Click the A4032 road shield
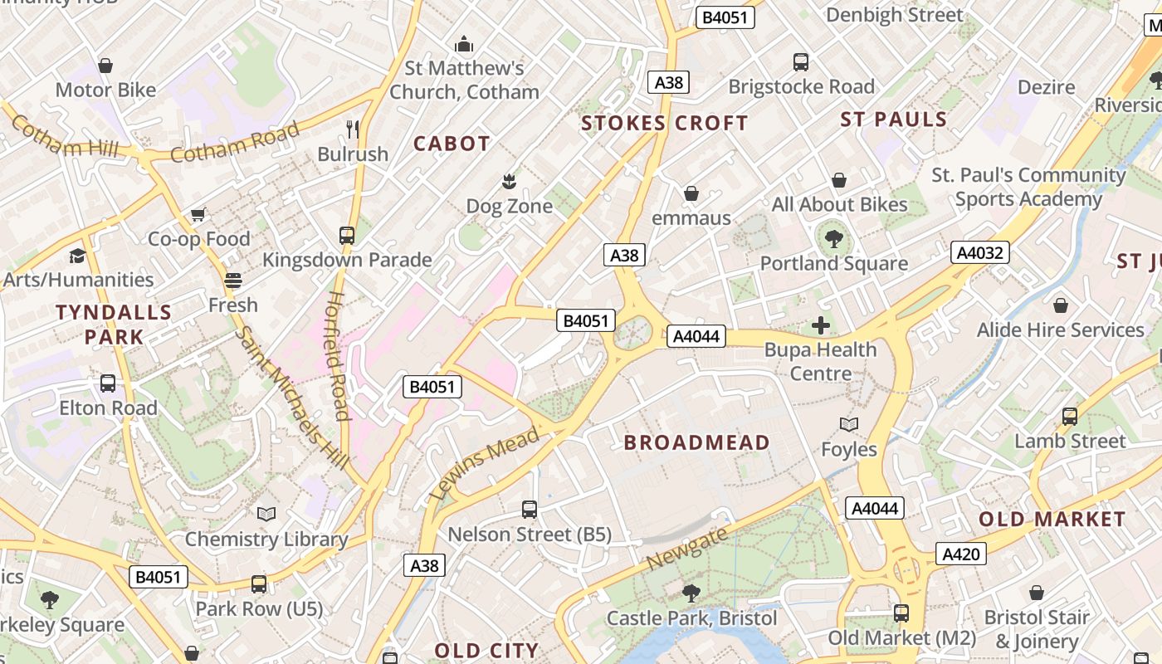pyautogui.click(x=980, y=252)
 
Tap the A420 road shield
pyautogui.click(x=961, y=554)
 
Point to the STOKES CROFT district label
pyautogui.click(x=664, y=124)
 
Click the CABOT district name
pyautogui.click(x=452, y=144)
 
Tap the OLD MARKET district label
pyautogui.click(x=1052, y=520)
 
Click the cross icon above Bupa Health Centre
pyautogui.click(x=821, y=325)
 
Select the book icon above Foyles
pyautogui.click(x=848, y=425)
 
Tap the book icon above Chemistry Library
pyautogui.click(x=266, y=515)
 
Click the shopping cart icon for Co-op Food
pyautogui.click(x=198, y=215)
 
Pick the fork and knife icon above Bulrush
pyautogui.click(x=353, y=129)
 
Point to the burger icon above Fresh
pyautogui.click(x=232, y=281)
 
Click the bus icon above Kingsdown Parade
pyautogui.click(x=347, y=236)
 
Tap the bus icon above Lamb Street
pyautogui.click(x=1070, y=417)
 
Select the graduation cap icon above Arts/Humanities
pyautogui.click(x=77, y=256)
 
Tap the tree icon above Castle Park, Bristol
pyautogui.click(x=691, y=593)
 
